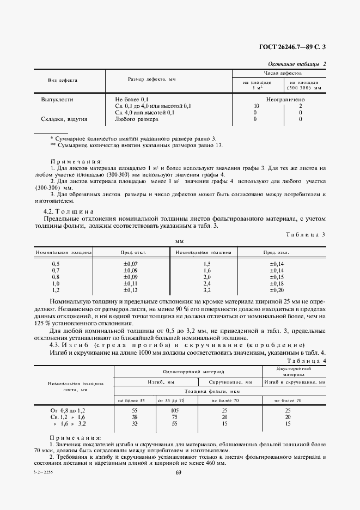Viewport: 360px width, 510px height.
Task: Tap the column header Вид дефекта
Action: click(63, 80)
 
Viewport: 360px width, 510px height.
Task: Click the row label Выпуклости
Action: click(57, 100)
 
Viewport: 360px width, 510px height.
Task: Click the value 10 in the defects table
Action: click(256, 106)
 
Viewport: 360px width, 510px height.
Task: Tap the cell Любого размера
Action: click(137, 119)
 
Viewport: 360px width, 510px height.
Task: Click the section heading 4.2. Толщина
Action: click(69, 211)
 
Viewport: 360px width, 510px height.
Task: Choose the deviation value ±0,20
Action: click(277, 290)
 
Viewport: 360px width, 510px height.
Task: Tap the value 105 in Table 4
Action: click(175, 410)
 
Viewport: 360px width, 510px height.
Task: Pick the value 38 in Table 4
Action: click(134, 416)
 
